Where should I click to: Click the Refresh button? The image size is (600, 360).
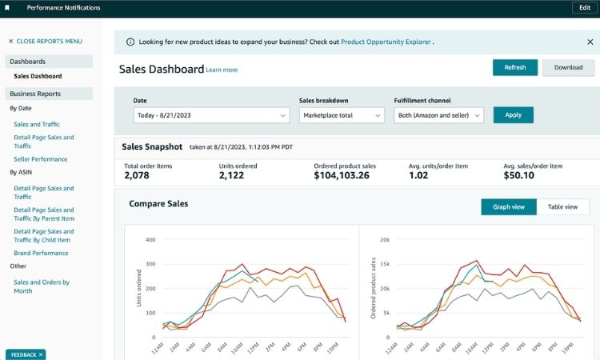(514, 67)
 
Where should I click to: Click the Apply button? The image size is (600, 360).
(513, 115)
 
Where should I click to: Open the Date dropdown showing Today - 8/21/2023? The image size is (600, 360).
(211, 115)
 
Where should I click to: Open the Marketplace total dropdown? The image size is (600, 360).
(342, 115)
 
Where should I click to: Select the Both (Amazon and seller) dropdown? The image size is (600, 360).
(439, 115)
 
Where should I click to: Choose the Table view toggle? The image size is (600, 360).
(562, 207)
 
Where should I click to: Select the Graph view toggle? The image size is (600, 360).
(509, 207)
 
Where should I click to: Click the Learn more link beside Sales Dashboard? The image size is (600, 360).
(222, 70)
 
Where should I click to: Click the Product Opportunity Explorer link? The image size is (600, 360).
(386, 42)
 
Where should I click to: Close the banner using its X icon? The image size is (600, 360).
(590, 42)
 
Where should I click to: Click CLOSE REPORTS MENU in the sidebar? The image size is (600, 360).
(45, 41)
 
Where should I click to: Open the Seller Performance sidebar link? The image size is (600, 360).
(40, 159)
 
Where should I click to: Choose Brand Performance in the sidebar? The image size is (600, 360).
(41, 253)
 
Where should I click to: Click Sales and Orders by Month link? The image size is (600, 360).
(42, 286)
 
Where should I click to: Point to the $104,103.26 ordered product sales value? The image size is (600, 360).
(342, 175)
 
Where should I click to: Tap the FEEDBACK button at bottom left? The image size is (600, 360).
(26, 354)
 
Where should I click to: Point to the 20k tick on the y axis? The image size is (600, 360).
(384, 239)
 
